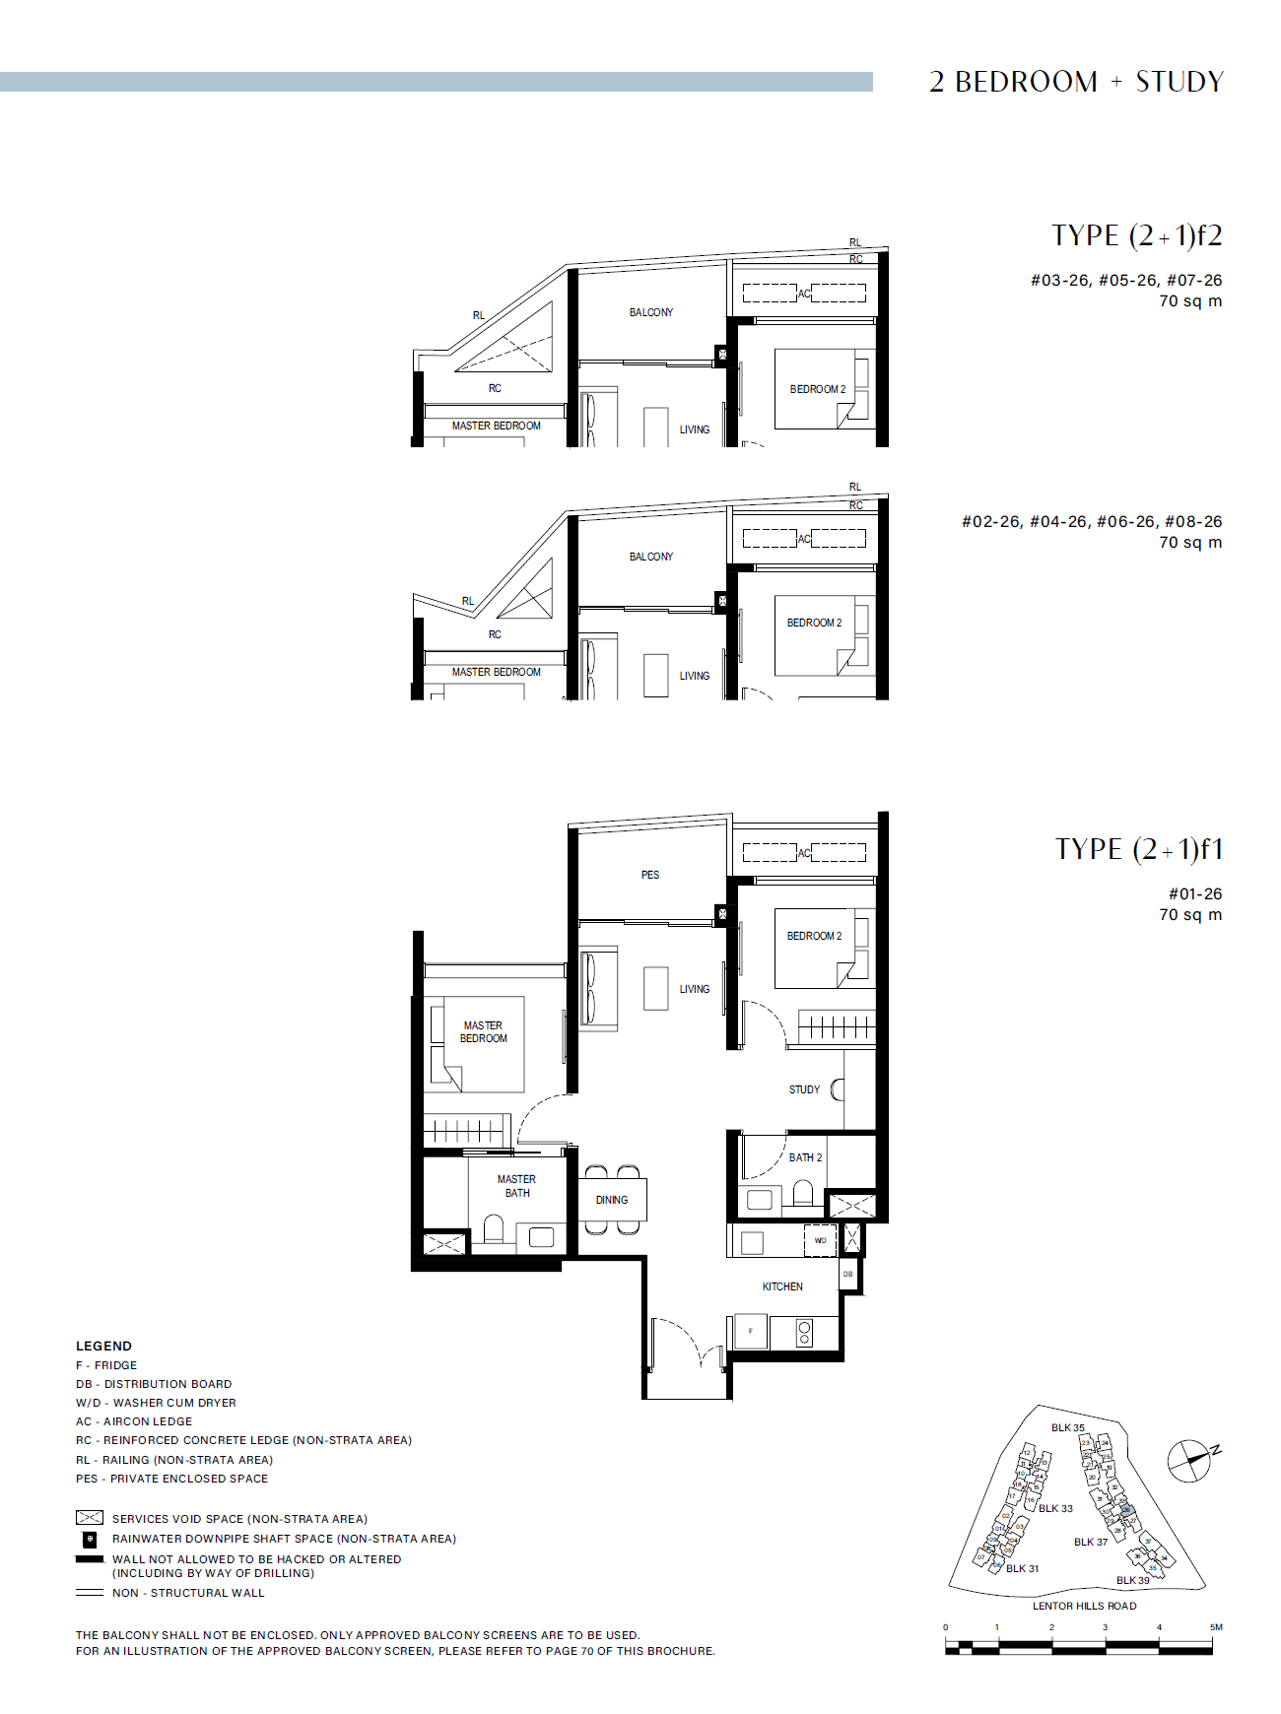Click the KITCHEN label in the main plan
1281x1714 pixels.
(782, 1286)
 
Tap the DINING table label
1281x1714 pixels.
(612, 1200)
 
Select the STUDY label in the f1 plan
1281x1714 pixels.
(804, 1089)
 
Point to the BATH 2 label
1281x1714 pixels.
(805, 1157)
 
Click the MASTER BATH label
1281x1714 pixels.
(516, 1186)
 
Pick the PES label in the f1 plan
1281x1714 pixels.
(650, 875)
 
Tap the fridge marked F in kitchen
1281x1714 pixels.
(751, 1332)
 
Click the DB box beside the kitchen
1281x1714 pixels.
(848, 1275)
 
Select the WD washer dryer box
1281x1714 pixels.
(821, 1241)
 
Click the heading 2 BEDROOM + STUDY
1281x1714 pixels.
(1076, 82)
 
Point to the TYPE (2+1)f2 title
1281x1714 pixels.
(1136, 236)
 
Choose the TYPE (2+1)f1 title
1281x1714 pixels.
(1138, 849)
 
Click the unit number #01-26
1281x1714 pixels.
(1194, 894)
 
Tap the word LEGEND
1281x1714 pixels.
(103, 1346)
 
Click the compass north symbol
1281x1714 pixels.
(1189, 1461)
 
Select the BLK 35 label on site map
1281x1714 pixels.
(1067, 1427)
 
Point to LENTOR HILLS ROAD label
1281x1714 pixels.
(1084, 1606)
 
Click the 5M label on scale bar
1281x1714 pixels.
(1216, 1627)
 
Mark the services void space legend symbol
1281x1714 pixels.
(90, 1518)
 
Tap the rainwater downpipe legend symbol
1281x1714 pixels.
(90, 1539)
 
